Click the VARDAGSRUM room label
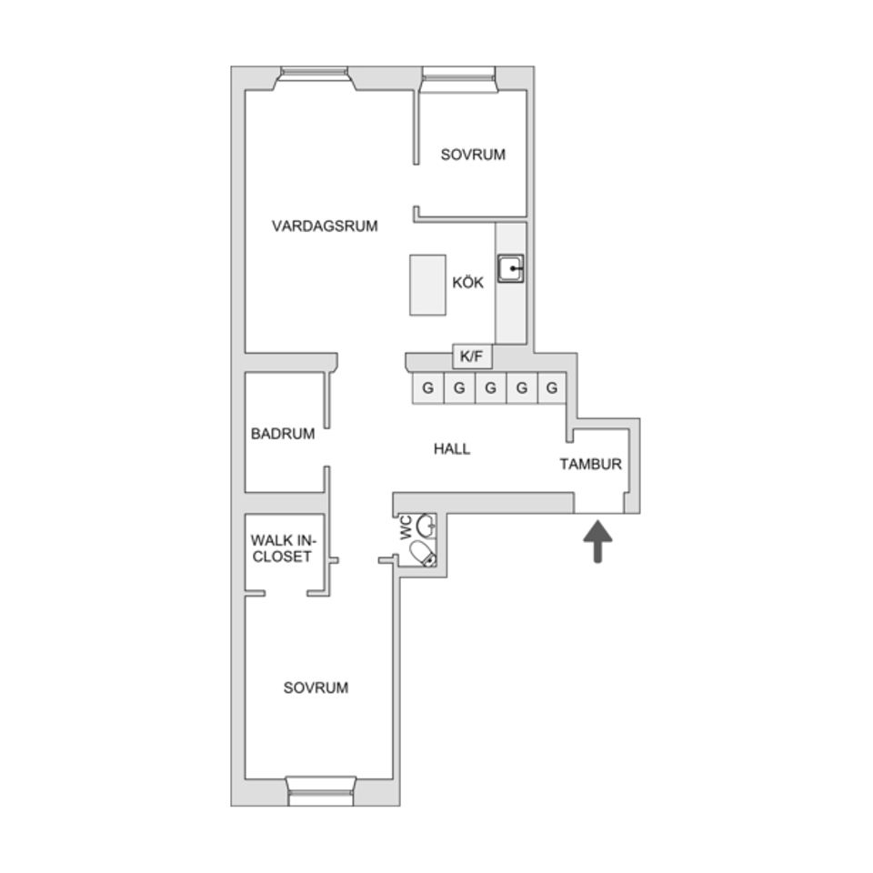point(325,226)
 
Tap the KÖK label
point(467,283)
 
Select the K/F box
point(472,356)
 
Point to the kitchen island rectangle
point(427,285)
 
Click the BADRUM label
point(283,434)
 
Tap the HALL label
point(452,449)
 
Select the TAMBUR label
point(590,464)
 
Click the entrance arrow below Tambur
point(597,540)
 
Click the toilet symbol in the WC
point(423,553)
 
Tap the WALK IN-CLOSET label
point(282,549)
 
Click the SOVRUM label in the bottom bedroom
point(316,688)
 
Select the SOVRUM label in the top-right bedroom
point(473,155)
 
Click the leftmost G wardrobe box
point(427,388)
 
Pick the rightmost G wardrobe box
point(551,388)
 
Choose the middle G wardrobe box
point(490,388)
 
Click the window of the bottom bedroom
point(320,790)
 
